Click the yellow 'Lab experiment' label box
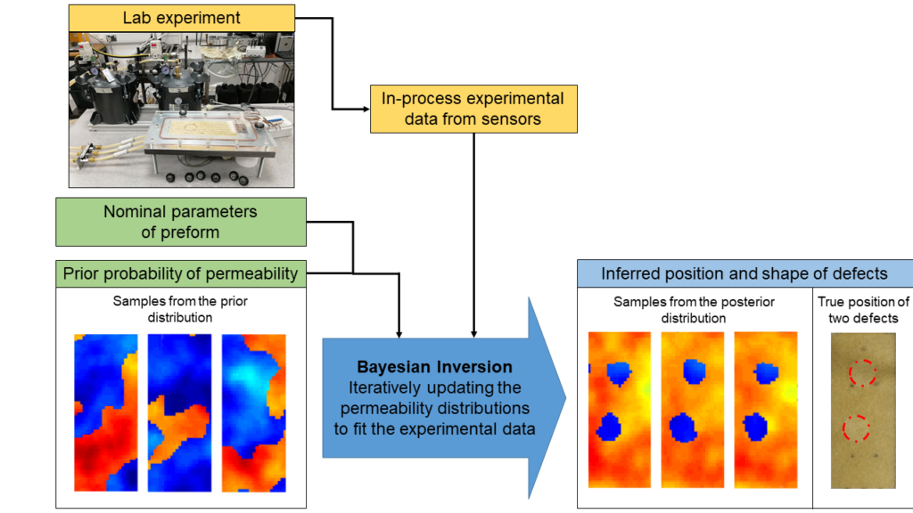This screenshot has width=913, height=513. pyautogui.click(x=182, y=18)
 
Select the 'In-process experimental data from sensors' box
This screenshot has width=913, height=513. pyautogui.click(x=473, y=109)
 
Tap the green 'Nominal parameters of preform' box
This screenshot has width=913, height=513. pyautogui.click(x=180, y=222)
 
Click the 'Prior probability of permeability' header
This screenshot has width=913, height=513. pyautogui.click(x=180, y=273)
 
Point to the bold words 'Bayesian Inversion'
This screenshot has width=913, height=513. pyautogui.click(x=434, y=367)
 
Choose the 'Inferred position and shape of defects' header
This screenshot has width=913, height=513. pyautogui.click(x=744, y=273)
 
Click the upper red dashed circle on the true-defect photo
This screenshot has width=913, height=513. pyautogui.click(x=862, y=373)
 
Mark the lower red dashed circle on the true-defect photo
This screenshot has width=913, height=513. pyautogui.click(x=856, y=428)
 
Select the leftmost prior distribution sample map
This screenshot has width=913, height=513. pyautogui.click(x=106, y=413)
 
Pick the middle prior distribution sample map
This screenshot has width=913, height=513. pyautogui.click(x=179, y=413)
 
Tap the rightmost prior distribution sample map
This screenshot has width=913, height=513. pyautogui.click(x=254, y=413)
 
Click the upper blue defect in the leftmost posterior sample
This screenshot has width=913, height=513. pyautogui.click(x=619, y=374)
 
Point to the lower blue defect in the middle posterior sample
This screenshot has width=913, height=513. pyautogui.click(x=682, y=428)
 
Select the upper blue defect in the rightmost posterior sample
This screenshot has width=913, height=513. pyautogui.click(x=766, y=373)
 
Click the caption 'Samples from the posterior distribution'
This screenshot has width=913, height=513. pyautogui.click(x=694, y=310)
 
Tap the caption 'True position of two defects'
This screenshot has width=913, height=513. pyautogui.click(x=863, y=310)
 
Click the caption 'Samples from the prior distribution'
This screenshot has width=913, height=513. pyautogui.click(x=180, y=309)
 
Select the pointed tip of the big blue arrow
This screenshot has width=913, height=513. pyautogui.click(x=566, y=398)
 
